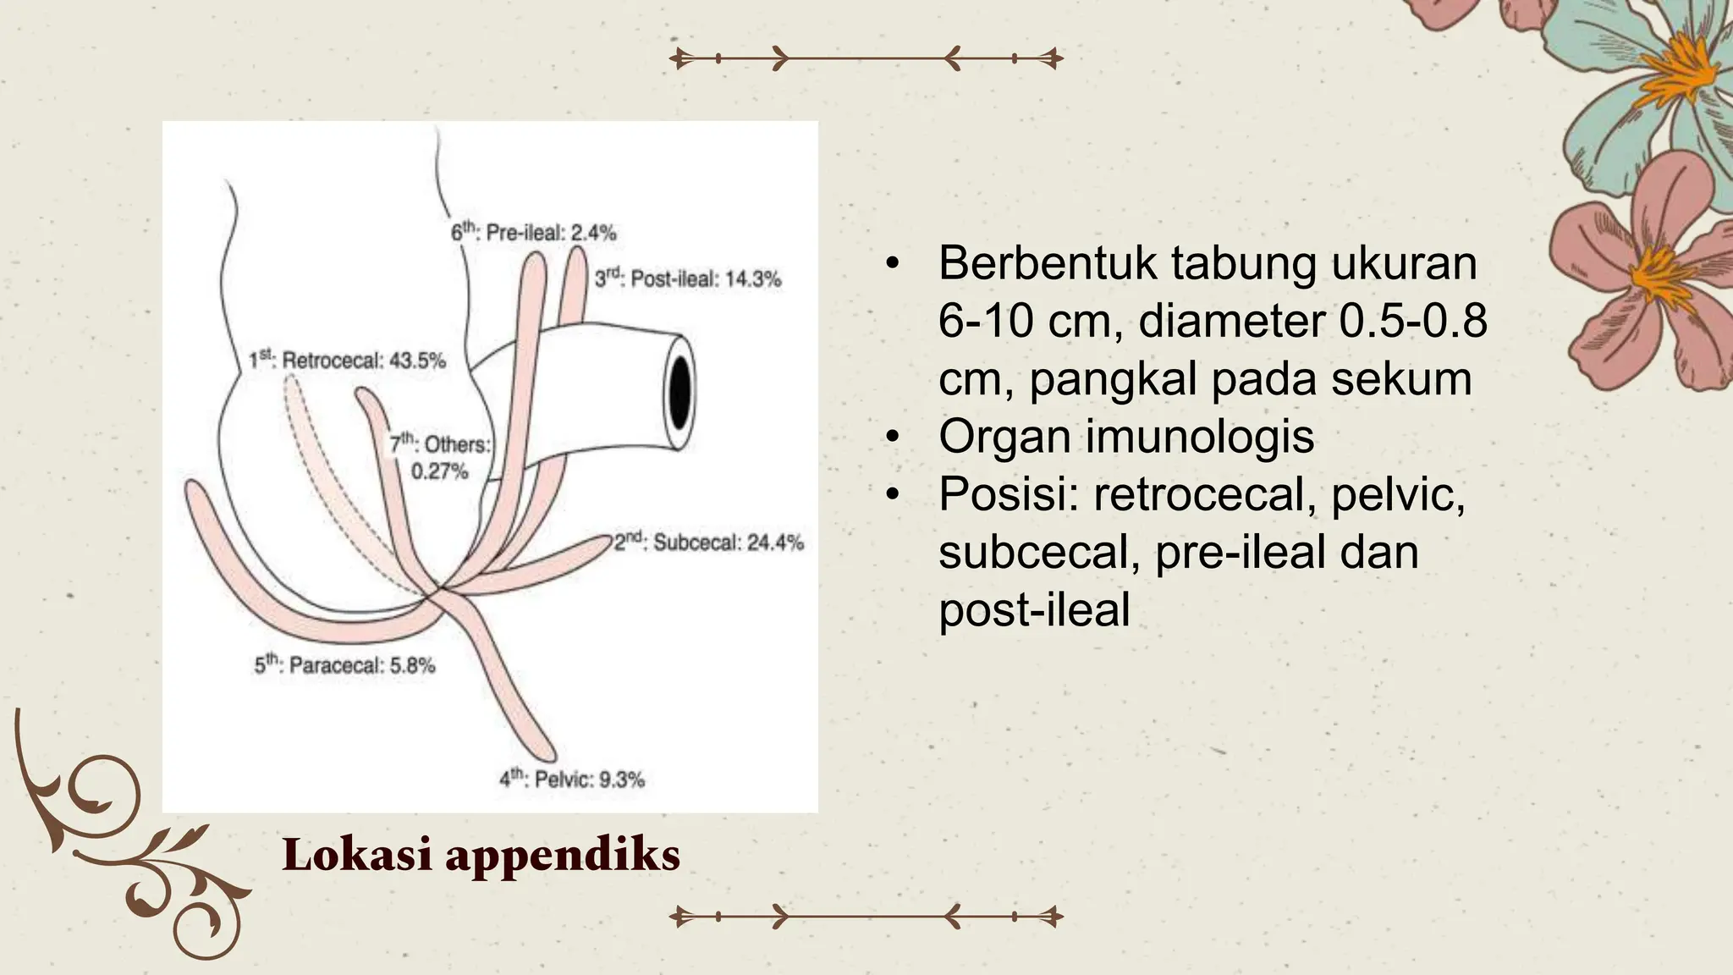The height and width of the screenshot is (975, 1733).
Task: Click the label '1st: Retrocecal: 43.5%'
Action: click(347, 361)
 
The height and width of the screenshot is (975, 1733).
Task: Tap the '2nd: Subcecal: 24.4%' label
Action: click(708, 543)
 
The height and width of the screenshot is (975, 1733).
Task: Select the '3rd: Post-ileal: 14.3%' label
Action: click(687, 278)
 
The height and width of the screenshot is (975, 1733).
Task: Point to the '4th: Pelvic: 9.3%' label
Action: click(572, 779)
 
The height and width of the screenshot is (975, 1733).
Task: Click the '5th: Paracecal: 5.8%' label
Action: click(344, 665)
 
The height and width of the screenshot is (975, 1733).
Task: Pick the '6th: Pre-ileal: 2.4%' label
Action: click(533, 232)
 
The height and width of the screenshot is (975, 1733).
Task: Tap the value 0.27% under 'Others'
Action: click(439, 471)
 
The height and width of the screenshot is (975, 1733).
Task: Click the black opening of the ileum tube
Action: click(679, 390)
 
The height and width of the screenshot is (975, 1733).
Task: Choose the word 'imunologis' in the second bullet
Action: click(1202, 437)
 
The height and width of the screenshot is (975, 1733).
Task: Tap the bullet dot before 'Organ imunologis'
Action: click(890, 437)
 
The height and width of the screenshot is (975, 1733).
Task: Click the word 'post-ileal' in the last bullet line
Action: click(1034, 610)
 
